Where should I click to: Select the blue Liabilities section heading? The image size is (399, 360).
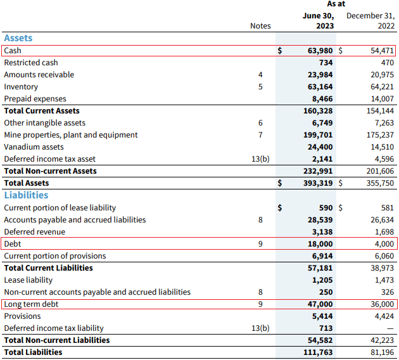pos(26,195)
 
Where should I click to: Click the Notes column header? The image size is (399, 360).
pos(260,26)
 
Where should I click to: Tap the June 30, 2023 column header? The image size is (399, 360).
pos(319,20)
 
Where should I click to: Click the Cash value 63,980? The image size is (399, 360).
pos(319,51)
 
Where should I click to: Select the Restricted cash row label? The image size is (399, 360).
pos(30,63)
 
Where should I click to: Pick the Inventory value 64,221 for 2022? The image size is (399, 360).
pos(381,87)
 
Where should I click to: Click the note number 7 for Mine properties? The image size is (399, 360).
pos(260,135)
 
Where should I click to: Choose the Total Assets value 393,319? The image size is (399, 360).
pos(317,183)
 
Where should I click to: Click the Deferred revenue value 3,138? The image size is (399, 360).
pos(322,232)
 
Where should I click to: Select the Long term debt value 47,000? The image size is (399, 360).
pos(319,304)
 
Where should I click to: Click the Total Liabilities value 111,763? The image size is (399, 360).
pos(317,352)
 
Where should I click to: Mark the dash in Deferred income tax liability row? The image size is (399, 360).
pos(389,328)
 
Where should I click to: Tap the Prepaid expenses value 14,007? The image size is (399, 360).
pos(381,99)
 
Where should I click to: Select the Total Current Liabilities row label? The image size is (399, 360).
pos(48,268)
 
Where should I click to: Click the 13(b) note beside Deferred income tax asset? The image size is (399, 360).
pos(260,159)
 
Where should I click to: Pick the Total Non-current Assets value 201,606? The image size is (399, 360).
pos(378,171)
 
